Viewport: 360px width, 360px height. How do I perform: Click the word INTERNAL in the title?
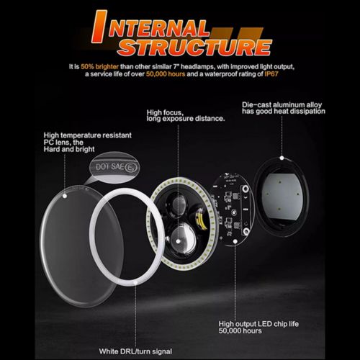point(150,27)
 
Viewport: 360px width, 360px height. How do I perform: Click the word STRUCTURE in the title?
point(195,47)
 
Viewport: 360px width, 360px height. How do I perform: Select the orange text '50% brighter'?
point(99,66)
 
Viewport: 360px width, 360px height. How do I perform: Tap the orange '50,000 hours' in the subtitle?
point(166,74)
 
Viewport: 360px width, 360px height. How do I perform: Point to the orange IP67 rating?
point(271,74)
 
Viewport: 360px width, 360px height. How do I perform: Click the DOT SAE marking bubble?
point(114,167)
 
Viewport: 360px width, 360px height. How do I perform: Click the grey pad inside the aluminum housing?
point(282,195)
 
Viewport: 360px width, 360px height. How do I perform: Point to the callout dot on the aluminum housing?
point(282,158)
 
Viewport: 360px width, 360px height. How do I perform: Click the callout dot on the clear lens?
point(65,196)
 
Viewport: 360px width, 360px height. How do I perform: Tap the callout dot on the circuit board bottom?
point(235,241)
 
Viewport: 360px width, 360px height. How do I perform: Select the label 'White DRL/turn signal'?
point(135,351)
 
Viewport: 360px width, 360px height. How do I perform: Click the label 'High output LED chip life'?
point(258,324)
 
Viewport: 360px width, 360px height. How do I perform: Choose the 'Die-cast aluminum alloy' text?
point(282,104)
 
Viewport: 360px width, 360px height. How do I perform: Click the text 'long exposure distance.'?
point(186,119)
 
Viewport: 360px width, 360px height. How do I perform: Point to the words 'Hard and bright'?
point(69,149)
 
